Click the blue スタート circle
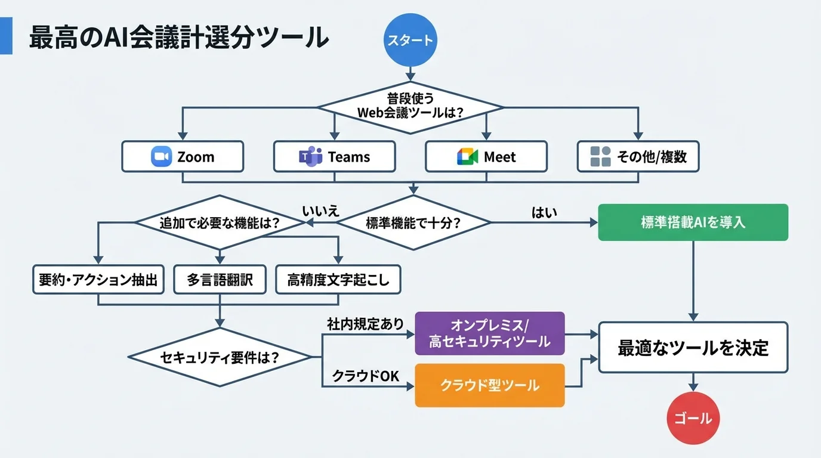(410, 41)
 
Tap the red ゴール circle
(693, 418)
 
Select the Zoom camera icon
(161, 157)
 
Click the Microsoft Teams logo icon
(310, 157)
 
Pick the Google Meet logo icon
(468, 157)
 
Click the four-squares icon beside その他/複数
(600, 157)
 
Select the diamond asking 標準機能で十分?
(413, 223)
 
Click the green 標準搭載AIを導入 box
(693, 222)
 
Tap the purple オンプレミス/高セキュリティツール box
(489, 333)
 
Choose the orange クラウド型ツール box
(489, 385)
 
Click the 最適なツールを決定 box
(693, 348)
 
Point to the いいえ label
(320, 211)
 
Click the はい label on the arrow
(544, 212)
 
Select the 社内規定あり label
(365, 324)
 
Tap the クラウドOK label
(365, 376)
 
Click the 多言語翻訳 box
(221, 280)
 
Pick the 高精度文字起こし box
(338, 280)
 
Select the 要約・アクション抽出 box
(98, 280)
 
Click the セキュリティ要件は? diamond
(220, 357)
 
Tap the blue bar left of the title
(6, 36)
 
